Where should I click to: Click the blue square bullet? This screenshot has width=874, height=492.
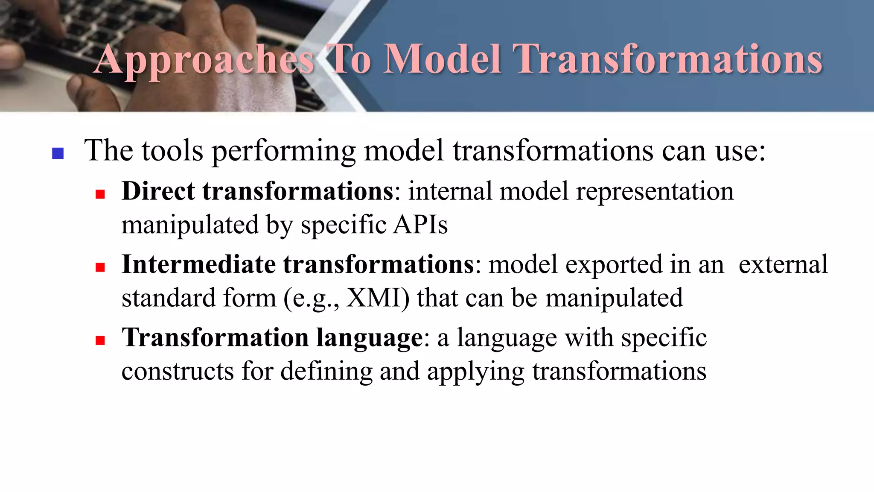(x=58, y=153)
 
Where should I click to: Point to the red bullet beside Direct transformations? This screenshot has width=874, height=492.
(x=100, y=195)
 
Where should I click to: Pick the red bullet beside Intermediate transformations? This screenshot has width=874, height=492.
(x=100, y=268)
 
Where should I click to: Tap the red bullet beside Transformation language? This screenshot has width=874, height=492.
(x=100, y=340)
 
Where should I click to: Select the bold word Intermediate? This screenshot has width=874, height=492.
(x=198, y=264)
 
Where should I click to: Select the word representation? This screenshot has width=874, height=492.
(x=655, y=191)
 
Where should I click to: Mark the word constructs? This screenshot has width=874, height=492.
(x=178, y=371)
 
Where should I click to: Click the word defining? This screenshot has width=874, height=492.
(x=326, y=371)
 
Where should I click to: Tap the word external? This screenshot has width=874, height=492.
(x=783, y=264)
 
